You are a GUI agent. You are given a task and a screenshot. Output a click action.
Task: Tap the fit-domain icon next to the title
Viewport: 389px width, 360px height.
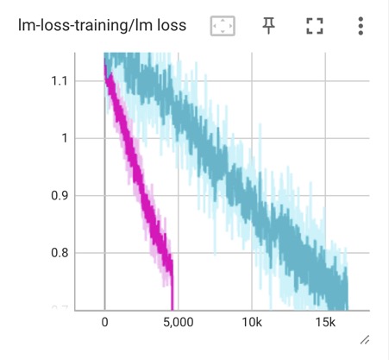[223, 27]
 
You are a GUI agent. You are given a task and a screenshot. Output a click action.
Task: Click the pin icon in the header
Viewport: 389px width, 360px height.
[269, 26]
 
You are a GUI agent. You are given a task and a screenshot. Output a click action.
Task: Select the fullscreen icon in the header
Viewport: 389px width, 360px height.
[314, 27]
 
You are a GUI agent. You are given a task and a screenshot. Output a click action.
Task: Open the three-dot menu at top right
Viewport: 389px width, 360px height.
[361, 26]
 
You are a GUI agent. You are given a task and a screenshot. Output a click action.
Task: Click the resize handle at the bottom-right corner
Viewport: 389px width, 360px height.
[364, 340]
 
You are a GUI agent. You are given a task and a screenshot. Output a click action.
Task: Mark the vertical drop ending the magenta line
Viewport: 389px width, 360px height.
[172, 289]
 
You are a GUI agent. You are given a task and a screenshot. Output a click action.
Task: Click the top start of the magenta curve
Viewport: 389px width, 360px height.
[105, 64]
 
